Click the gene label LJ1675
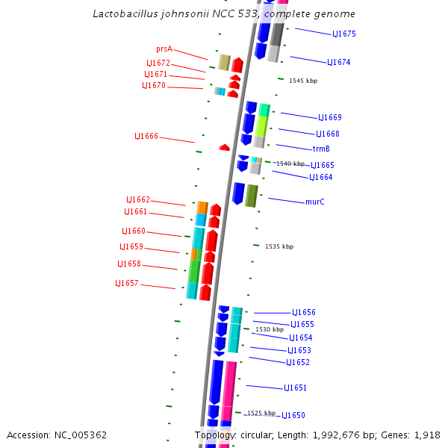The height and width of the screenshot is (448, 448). point(344,34)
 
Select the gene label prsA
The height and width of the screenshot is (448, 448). point(164,49)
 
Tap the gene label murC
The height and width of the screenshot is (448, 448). point(315,202)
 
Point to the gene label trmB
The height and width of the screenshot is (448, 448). point(321,149)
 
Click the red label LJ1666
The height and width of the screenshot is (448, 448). point(146,137)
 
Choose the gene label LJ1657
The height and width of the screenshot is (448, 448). point(127,284)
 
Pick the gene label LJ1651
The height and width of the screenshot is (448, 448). point(295,388)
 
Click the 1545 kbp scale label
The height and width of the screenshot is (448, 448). point(303,81)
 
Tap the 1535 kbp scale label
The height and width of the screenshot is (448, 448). point(279,246)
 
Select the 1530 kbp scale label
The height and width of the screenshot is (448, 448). point(270,329)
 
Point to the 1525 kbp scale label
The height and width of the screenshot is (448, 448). point(261,413)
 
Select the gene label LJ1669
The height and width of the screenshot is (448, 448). point(330,118)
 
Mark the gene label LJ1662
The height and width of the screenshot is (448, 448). point(138,200)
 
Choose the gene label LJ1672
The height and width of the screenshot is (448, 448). point(158,63)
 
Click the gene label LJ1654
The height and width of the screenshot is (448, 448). point(301,338)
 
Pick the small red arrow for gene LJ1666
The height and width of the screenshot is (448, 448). point(224,148)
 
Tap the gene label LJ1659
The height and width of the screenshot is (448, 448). point(131,247)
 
